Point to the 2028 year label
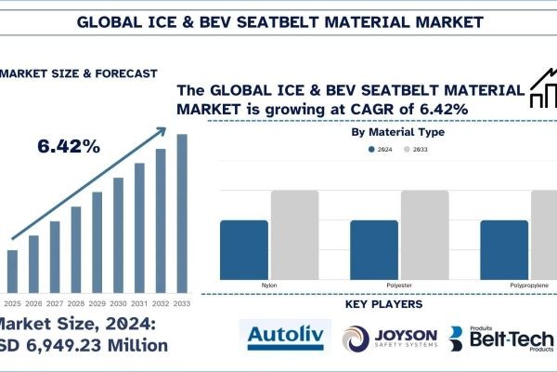(x=76, y=303)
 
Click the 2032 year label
(x=161, y=303)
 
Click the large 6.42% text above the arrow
(x=69, y=146)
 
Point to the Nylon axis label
(x=268, y=285)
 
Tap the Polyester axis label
(x=399, y=285)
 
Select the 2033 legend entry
(x=415, y=149)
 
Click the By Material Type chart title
(x=397, y=131)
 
